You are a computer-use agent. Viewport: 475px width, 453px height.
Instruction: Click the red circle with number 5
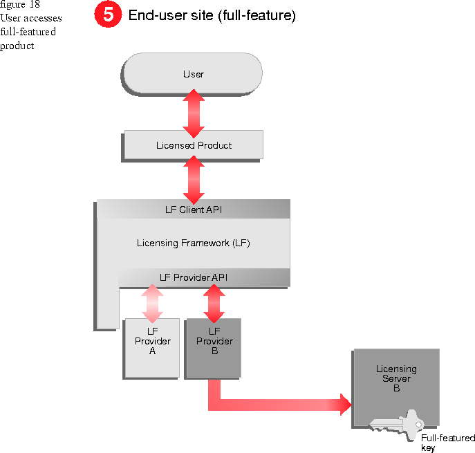click(x=108, y=15)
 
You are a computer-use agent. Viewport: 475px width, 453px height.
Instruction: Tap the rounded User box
click(x=192, y=74)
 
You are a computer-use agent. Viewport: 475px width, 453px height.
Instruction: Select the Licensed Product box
click(x=193, y=145)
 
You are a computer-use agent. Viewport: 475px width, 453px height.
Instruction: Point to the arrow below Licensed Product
click(x=194, y=178)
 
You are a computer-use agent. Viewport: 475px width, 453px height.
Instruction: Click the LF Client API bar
click(x=193, y=209)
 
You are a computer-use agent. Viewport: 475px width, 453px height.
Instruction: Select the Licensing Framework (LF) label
click(x=193, y=243)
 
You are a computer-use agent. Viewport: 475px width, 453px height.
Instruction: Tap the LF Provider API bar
click(x=203, y=278)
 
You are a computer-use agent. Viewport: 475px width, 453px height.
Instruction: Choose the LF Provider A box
click(x=152, y=347)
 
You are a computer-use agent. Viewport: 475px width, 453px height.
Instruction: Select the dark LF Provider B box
click(x=214, y=347)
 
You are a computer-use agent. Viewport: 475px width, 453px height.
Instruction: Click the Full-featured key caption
click(x=447, y=443)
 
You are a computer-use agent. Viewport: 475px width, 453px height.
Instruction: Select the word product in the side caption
click(x=17, y=46)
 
